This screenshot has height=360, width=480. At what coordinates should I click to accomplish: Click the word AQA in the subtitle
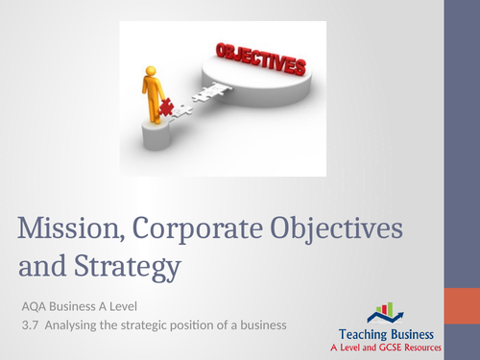pyautogui.click(x=35, y=306)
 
